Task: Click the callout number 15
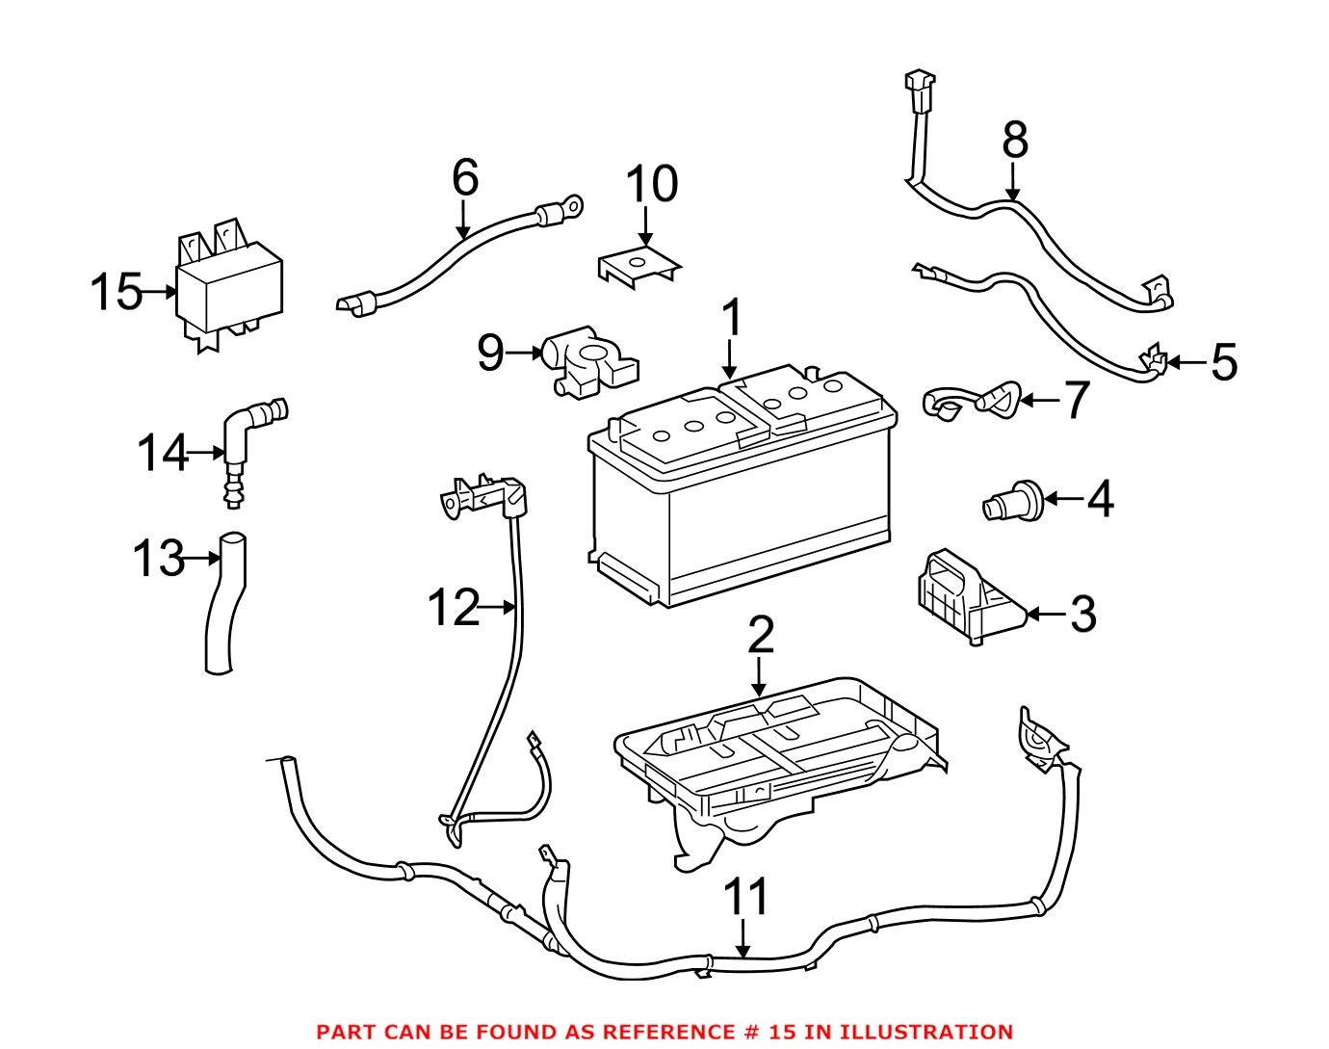[x=116, y=292]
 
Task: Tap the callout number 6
[x=465, y=178]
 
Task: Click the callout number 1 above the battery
[x=732, y=318]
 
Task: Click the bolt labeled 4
[x=1010, y=502]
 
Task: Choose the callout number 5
[x=1223, y=362]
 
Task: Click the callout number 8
[x=1015, y=140]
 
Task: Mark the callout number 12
[x=453, y=609]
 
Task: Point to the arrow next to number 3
[x=1045, y=614]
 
